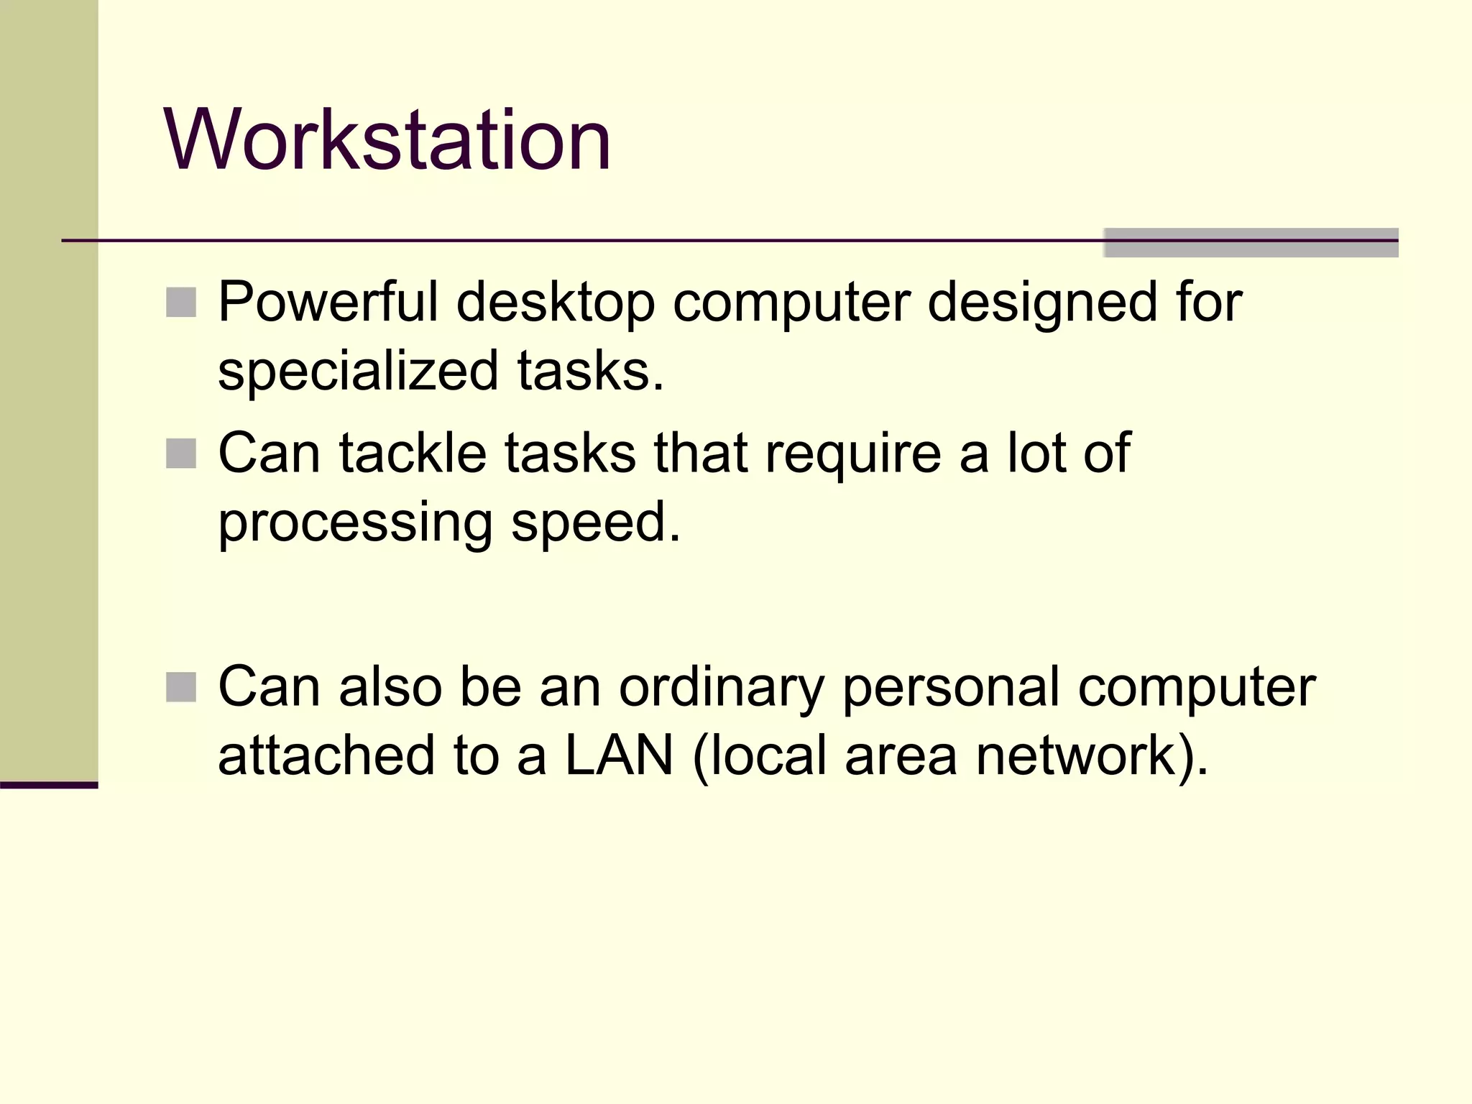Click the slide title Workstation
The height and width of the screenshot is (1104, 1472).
(387, 139)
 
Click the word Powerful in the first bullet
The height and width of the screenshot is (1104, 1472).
(328, 302)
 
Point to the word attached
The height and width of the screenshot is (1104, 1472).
(326, 755)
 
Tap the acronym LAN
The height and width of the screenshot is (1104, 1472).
(619, 755)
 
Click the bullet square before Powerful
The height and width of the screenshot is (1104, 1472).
(181, 303)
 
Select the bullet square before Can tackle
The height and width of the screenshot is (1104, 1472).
(181, 454)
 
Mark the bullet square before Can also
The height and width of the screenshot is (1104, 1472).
(181, 687)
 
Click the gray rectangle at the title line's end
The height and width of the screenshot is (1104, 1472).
(1251, 243)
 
